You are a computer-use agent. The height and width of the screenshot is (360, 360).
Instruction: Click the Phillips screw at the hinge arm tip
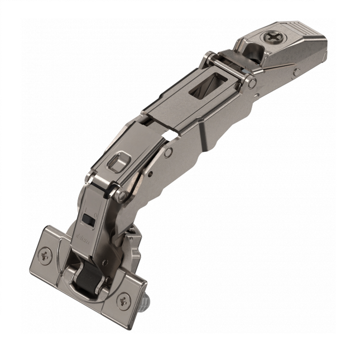point(275,37)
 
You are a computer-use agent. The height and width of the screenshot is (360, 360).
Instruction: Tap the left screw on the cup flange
point(45,255)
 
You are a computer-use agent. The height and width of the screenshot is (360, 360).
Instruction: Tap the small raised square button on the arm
point(116,164)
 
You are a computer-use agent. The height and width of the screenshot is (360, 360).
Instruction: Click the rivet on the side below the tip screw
point(297,72)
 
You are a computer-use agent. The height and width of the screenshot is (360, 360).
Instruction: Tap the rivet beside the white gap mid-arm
point(168,152)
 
